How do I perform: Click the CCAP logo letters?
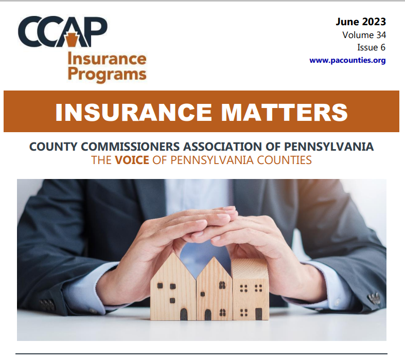(62, 32)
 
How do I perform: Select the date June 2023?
(360, 22)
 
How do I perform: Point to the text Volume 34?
(364, 35)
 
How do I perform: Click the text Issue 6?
(371, 47)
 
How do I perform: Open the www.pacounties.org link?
(347, 60)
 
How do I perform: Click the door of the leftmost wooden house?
(183, 314)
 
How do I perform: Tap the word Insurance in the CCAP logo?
(107, 59)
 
